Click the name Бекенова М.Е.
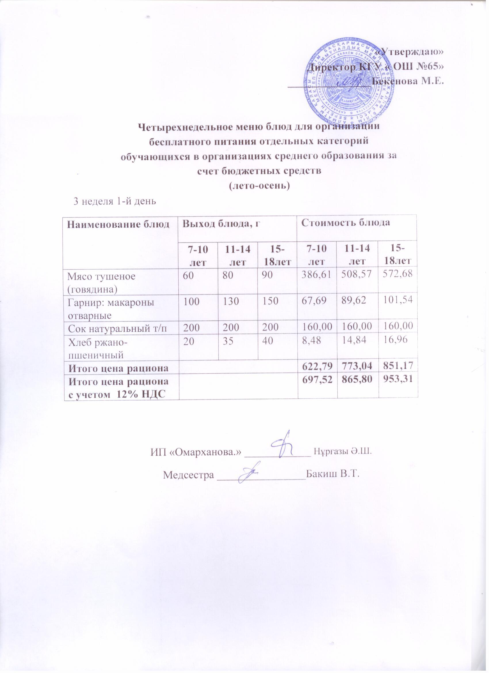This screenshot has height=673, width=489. (408, 81)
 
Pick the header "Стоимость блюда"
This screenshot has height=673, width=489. (345, 223)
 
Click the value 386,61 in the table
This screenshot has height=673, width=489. (317, 276)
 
